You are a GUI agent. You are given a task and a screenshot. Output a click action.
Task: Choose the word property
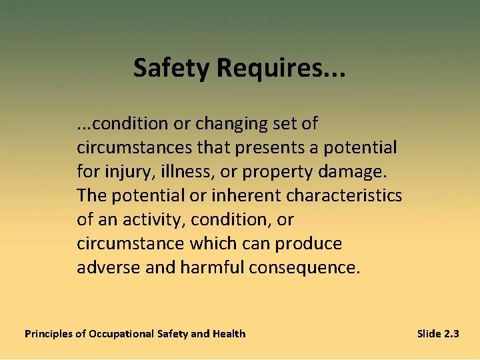pyautogui.click(x=278, y=171)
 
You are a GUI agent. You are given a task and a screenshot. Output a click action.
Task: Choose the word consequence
pyautogui.click(x=305, y=267)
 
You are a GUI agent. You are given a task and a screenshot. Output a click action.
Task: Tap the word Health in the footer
pyautogui.click(x=229, y=333)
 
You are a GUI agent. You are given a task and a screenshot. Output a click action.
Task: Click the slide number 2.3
pyautogui.click(x=451, y=333)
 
